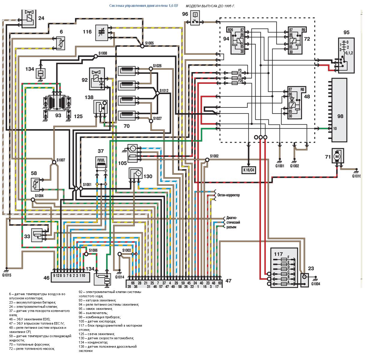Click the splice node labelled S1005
[142, 46]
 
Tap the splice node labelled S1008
[96, 56]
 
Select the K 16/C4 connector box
[249, 170]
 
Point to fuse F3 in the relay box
[235, 73]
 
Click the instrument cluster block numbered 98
[339, 110]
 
